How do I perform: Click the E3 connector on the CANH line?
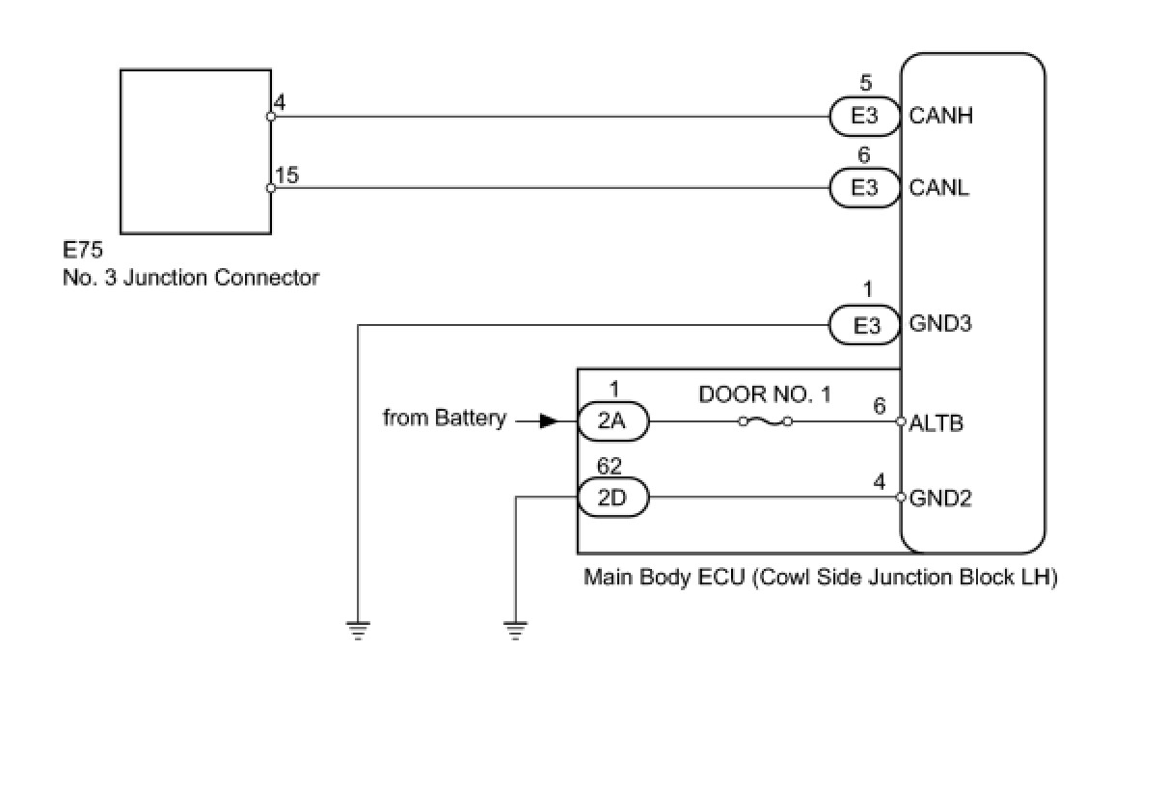[865, 117]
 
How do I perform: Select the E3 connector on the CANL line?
[865, 188]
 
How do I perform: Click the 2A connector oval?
[613, 421]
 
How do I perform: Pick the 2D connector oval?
[613, 499]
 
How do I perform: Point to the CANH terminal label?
[941, 117]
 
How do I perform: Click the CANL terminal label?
[939, 188]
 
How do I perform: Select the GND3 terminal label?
[940, 324]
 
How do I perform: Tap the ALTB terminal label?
[936, 422]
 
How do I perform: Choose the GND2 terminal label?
[940, 499]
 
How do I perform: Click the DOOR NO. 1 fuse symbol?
[765, 421]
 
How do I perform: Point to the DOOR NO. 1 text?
[764, 394]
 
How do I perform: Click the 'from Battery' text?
[445, 419]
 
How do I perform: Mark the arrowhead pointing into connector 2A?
[547, 421]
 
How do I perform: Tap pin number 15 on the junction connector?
[287, 176]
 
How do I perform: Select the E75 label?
[83, 252]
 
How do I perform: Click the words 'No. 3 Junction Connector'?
[191, 278]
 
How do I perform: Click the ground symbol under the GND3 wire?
[358, 632]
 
